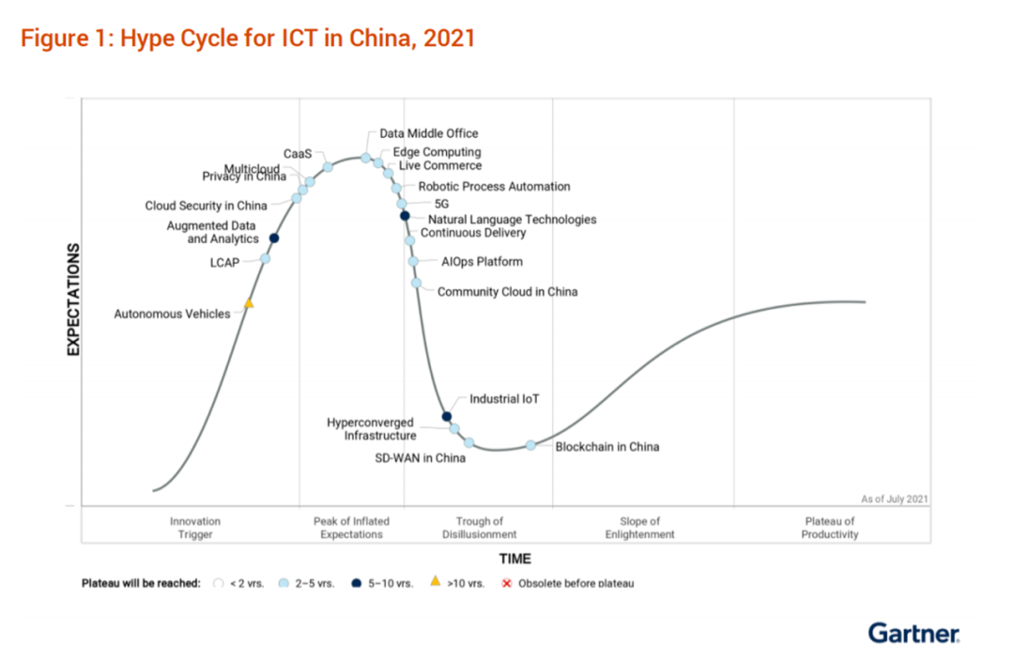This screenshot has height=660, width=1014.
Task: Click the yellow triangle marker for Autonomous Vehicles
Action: click(249, 303)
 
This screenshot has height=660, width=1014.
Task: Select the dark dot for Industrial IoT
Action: click(447, 417)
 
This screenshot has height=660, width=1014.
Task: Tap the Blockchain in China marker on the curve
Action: click(530, 445)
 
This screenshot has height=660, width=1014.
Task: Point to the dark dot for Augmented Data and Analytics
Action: click(274, 238)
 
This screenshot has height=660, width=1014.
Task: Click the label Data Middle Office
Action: click(429, 134)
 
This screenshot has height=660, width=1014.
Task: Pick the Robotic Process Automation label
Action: click(494, 187)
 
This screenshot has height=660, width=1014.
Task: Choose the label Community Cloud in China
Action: click(507, 292)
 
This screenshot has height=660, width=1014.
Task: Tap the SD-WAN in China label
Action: click(420, 458)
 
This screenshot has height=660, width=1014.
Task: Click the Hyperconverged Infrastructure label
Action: click(371, 429)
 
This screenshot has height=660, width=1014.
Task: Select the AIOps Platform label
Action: click(482, 262)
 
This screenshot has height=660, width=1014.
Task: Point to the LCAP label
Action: click(224, 263)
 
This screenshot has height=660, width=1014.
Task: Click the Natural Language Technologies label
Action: click(512, 220)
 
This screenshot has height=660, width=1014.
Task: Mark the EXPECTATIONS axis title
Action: click(72, 300)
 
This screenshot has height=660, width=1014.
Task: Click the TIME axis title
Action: click(515, 559)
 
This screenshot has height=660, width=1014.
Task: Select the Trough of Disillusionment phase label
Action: click(480, 528)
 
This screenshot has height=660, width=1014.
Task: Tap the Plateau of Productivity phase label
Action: click(830, 528)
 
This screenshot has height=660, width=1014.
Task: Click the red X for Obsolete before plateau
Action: click(507, 583)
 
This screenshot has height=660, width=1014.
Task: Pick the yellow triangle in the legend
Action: click(435, 582)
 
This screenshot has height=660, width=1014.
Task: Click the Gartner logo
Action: click(914, 633)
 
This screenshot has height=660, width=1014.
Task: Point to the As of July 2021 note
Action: click(894, 499)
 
